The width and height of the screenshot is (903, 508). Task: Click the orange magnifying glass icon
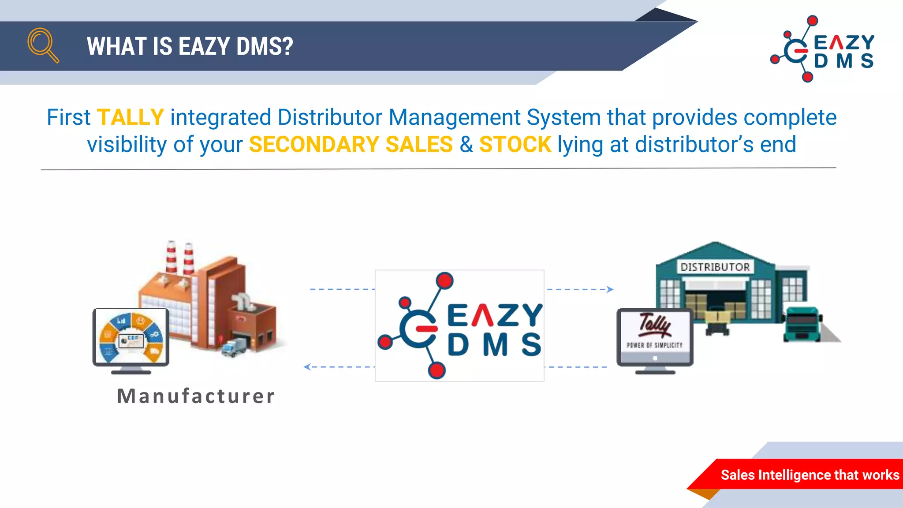coord(42,45)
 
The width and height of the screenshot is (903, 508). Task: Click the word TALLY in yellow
coord(130,118)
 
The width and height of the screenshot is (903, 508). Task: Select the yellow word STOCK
coord(515,145)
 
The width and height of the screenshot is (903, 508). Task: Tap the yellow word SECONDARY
coord(314,145)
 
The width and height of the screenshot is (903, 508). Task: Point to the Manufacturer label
coord(196,396)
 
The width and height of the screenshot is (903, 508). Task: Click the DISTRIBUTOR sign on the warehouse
coord(715,267)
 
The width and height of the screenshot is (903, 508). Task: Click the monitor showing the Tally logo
coord(655,337)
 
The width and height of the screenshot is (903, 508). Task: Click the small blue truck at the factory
coord(234,347)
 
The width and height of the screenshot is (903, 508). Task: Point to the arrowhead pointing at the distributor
coord(610,289)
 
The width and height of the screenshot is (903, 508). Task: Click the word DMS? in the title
coord(265,46)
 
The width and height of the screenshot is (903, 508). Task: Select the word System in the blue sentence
coord(563,118)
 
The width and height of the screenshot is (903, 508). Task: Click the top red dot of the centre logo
coord(444,280)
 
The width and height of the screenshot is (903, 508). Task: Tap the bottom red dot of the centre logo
coord(437,370)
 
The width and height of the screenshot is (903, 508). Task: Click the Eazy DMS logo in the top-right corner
coord(823,49)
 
